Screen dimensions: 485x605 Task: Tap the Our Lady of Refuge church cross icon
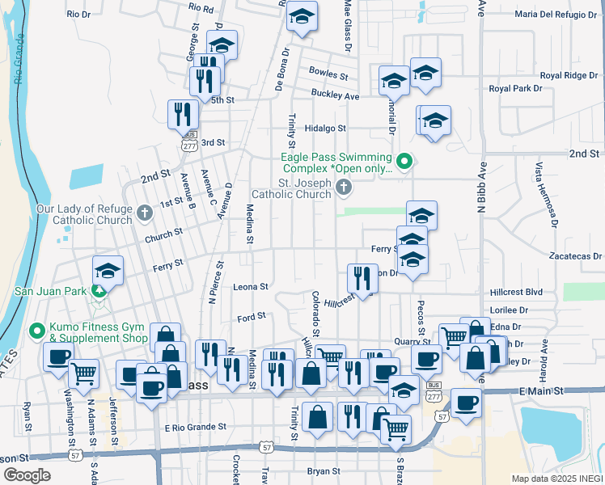(145, 213)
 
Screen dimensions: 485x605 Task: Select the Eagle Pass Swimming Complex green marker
(405, 160)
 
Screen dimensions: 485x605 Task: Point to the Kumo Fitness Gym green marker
(36, 331)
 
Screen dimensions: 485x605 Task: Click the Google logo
(27, 474)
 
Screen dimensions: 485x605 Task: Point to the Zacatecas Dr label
(575, 255)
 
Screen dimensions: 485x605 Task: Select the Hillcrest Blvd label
(516, 292)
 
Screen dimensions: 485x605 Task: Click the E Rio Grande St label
(196, 428)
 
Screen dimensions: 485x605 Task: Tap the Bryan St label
(324, 470)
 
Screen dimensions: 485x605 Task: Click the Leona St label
(251, 286)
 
